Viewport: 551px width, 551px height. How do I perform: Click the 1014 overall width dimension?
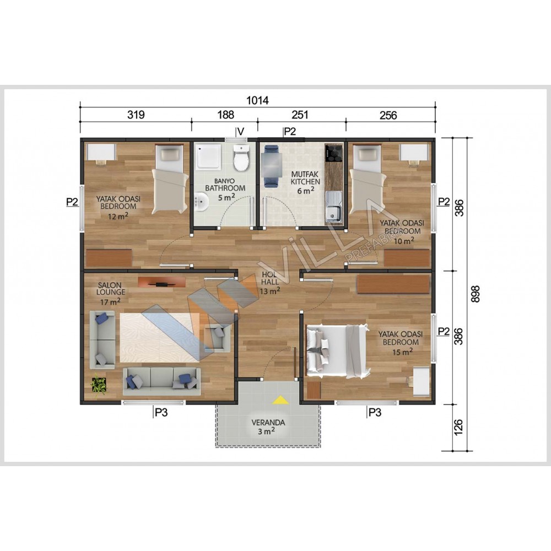(257, 100)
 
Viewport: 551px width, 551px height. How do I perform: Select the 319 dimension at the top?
(136, 115)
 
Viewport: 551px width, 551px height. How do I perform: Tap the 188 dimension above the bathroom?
(225, 115)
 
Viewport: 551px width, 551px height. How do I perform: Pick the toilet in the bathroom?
(241, 158)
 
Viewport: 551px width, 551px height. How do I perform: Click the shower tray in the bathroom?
(209, 156)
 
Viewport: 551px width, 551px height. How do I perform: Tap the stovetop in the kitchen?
(333, 153)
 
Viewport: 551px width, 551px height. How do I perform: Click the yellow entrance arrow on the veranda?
(280, 399)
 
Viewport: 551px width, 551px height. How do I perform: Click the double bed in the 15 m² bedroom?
(338, 351)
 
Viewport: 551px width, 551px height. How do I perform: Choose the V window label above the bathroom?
(241, 132)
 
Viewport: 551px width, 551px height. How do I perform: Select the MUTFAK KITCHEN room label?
(305, 178)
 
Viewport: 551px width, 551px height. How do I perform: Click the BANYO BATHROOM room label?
(225, 185)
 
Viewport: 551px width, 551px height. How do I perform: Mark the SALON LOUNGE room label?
(111, 289)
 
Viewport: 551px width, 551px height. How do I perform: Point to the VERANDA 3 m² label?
(268, 427)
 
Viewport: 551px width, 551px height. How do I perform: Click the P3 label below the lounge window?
(161, 412)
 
